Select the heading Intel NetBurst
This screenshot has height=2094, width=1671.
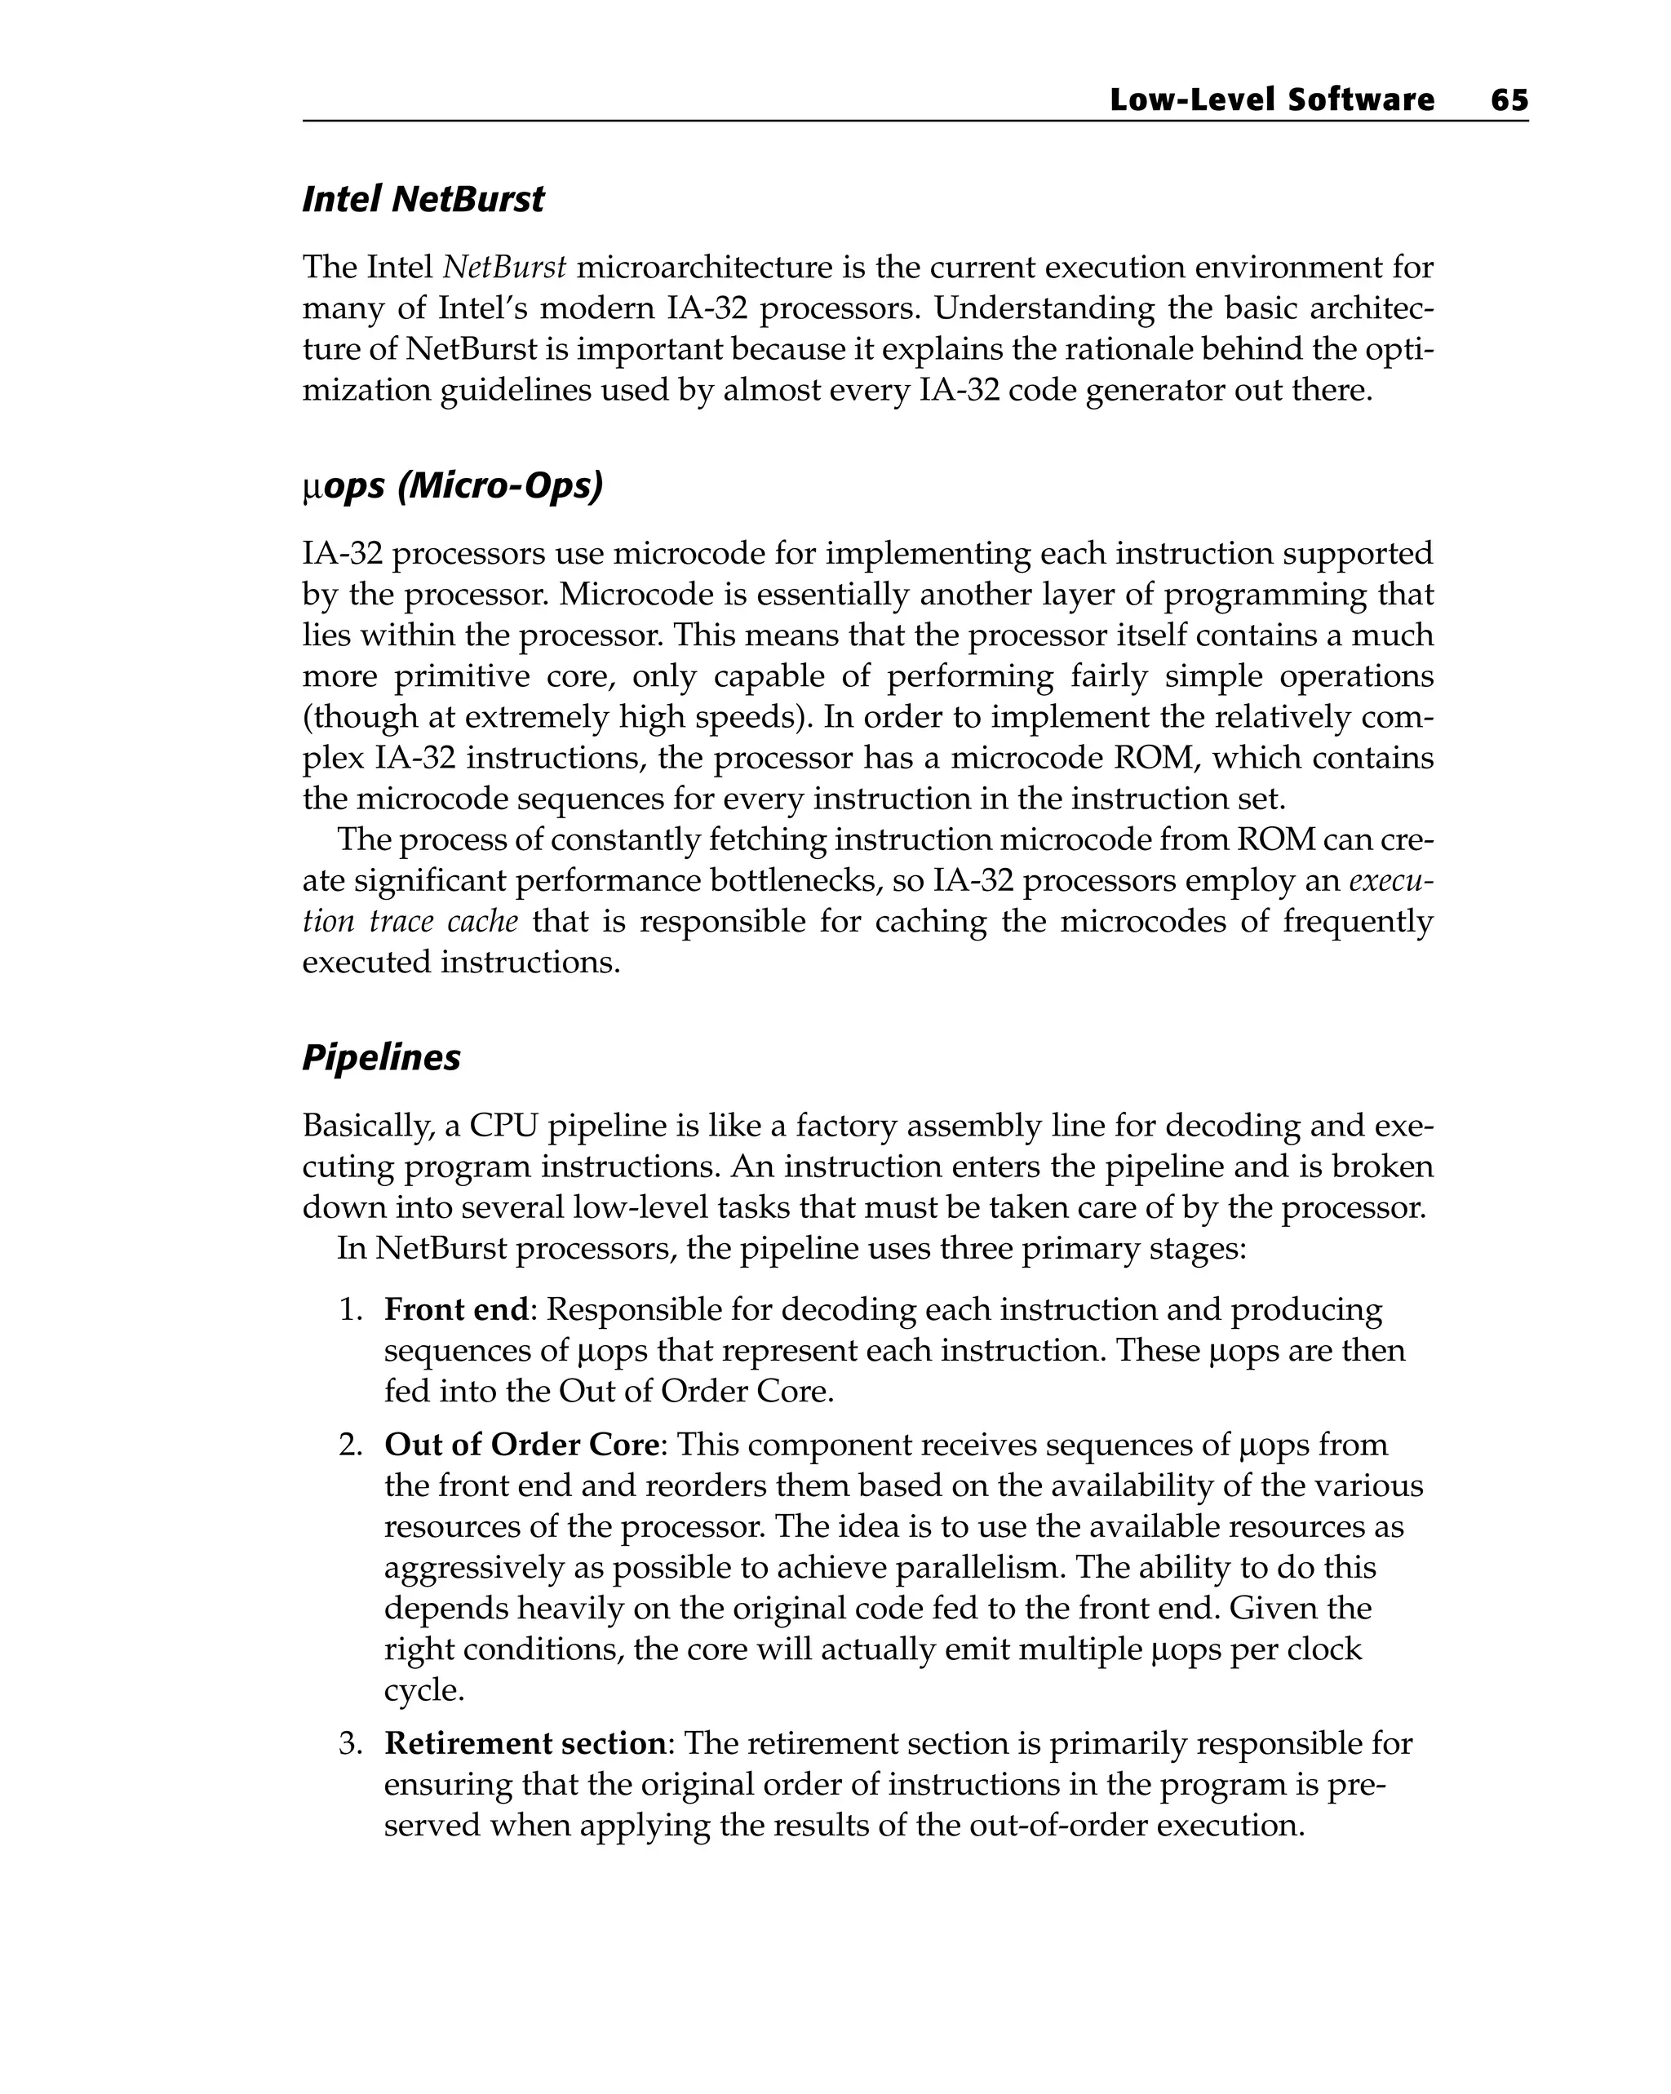point(423,199)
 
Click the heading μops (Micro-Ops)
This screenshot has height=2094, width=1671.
point(452,485)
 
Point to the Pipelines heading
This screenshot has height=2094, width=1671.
point(381,1056)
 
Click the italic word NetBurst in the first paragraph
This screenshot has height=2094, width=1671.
point(504,266)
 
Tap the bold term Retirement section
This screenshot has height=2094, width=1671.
point(525,1743)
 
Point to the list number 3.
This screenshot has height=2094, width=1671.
point(350,1743)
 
